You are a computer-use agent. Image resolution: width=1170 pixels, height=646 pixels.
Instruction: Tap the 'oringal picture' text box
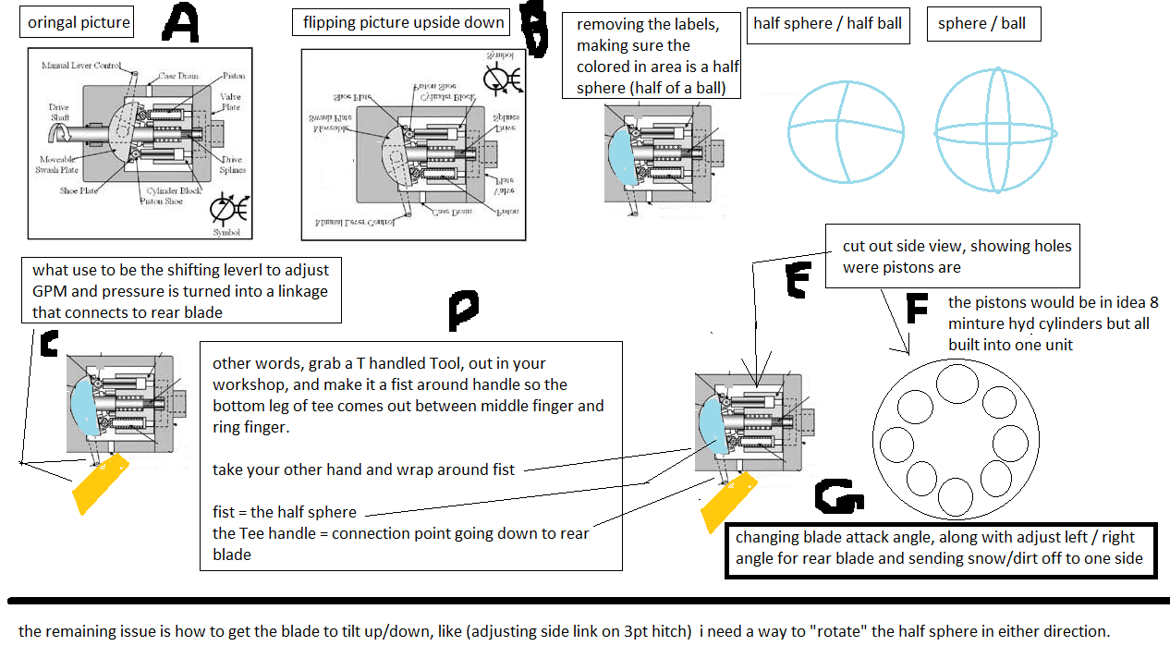[x=79, y=22]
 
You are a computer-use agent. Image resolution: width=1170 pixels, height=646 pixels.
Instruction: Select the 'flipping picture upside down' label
[x=403, y=22]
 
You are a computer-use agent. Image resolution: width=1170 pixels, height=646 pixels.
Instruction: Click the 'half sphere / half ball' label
[x=827, y=24]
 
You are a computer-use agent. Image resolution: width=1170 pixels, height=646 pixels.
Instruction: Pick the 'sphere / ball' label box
[x=981, y=24]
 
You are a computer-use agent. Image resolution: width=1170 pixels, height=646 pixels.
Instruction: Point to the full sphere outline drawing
[x=994, y=131]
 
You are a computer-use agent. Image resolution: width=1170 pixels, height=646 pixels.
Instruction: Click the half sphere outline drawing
[x=846, y=131]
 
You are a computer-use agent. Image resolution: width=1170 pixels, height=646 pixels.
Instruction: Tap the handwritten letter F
[x=916, y=309]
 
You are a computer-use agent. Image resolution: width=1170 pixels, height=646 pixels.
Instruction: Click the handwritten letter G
[x=839, y=498]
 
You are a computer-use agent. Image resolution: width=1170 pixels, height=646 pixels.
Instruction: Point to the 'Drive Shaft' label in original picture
[x=58, y=113]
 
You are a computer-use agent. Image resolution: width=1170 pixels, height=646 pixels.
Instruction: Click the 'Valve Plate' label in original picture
[x=229, y=102]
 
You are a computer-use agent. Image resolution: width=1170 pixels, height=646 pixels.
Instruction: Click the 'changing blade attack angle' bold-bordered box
[x=941, y=549]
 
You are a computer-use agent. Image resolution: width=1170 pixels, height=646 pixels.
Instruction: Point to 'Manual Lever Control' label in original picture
[x=81, y=66]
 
